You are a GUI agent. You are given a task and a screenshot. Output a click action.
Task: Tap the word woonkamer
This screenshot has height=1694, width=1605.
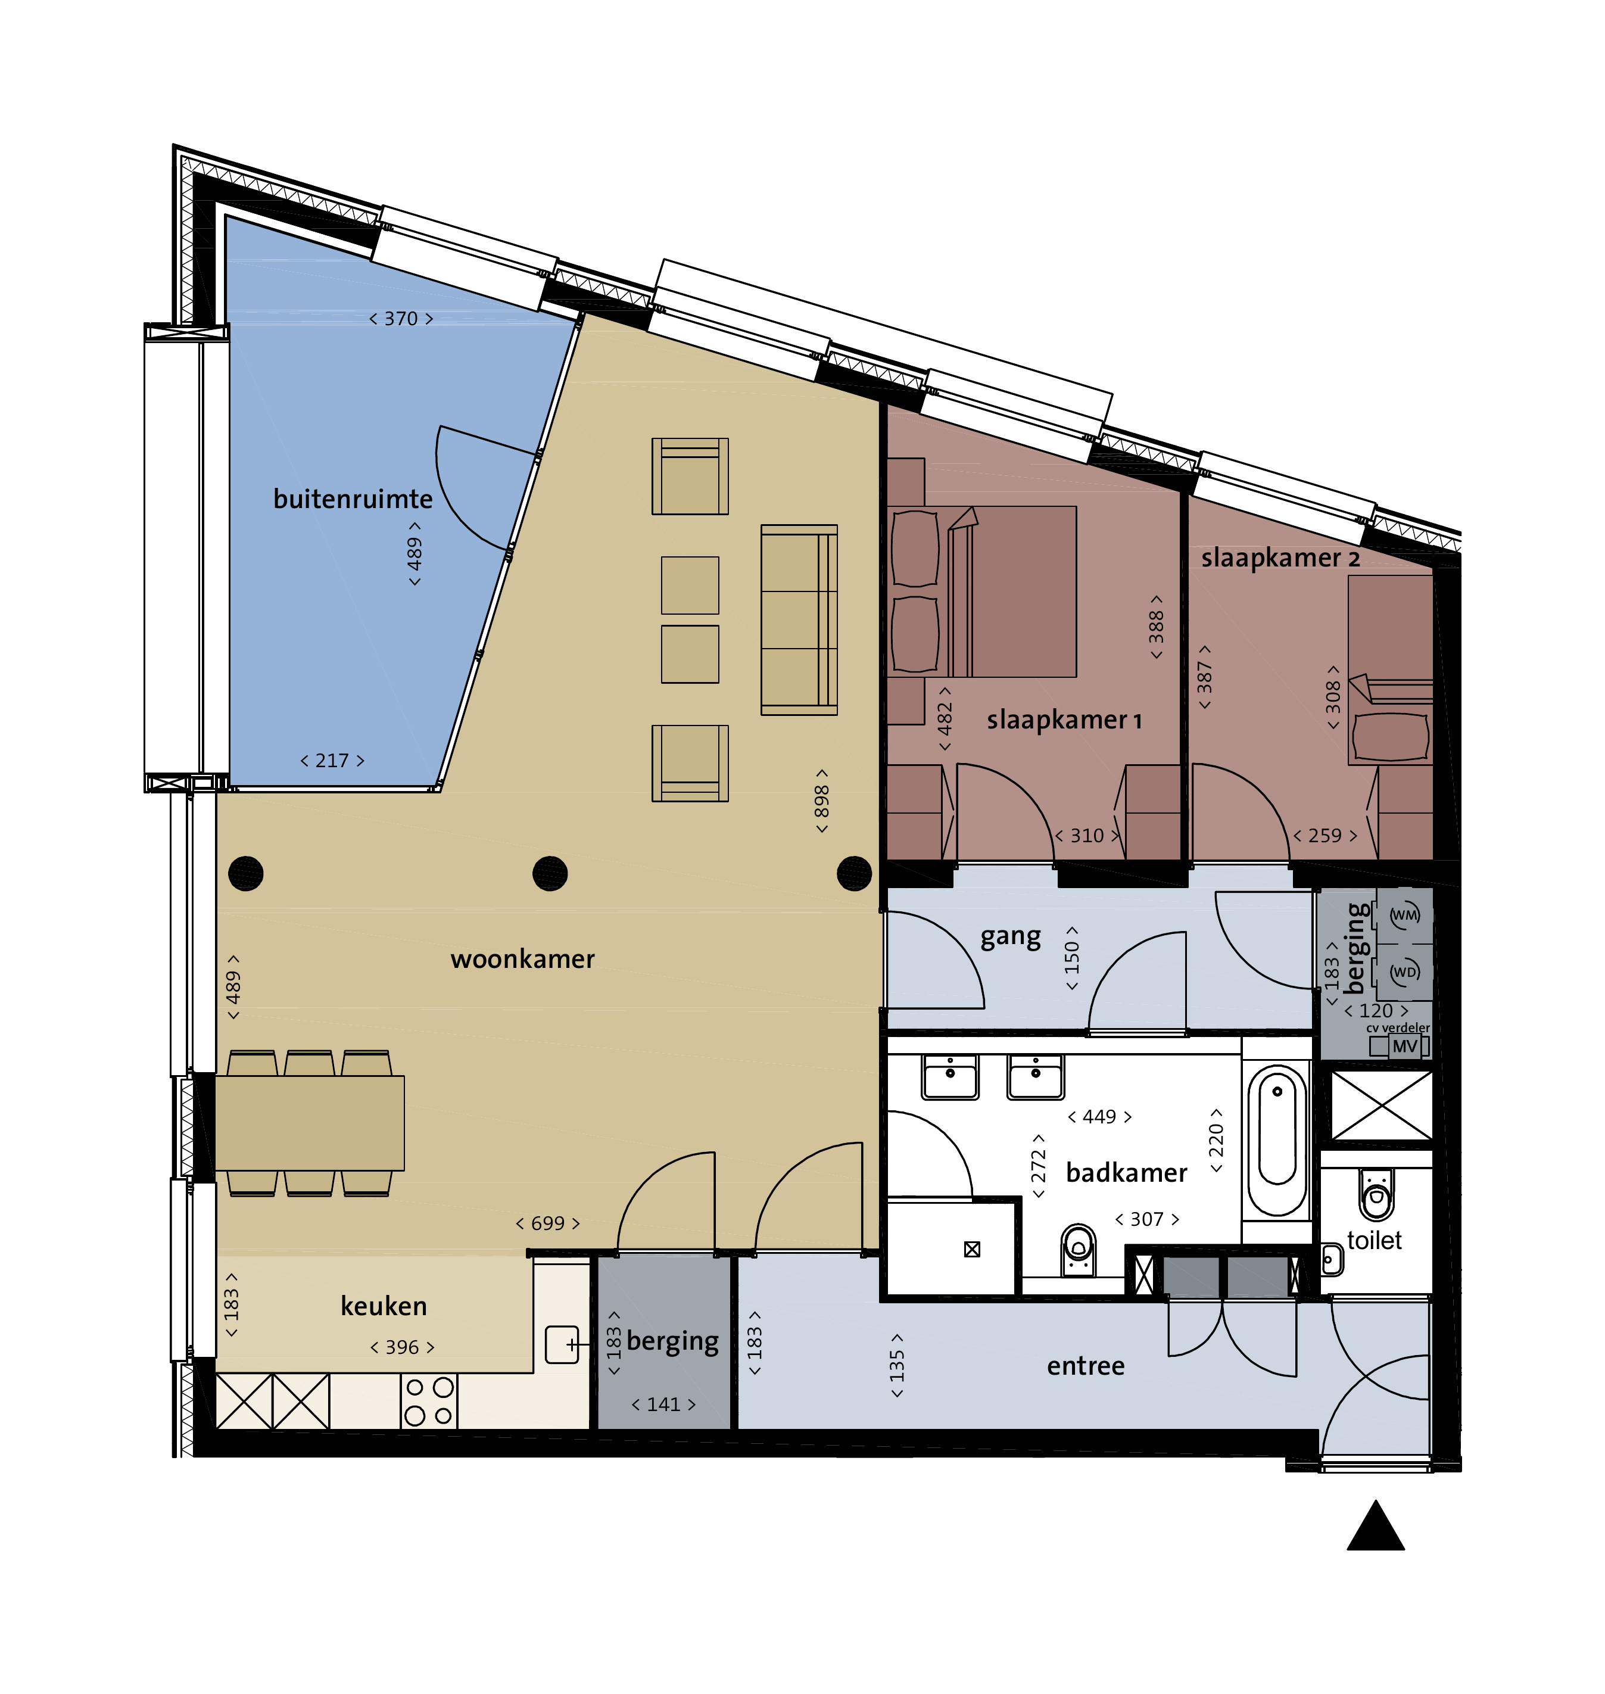pos(523,959)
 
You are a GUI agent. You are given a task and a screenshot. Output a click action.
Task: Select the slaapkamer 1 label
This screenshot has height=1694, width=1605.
pos(1064,720)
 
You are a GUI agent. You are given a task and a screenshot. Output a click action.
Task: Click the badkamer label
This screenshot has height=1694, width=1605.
pos(1126,1172)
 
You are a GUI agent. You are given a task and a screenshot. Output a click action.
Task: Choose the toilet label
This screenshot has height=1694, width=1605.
pos(1374,1241)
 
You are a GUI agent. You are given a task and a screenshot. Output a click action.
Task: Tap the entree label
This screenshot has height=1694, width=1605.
pos(1086,1366)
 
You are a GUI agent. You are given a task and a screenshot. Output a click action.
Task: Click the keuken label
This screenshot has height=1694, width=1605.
pos(384,1306)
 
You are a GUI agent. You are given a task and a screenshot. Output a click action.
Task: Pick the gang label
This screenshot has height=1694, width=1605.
pos(1011,938)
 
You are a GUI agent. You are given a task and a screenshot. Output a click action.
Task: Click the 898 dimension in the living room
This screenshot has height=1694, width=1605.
pos(821,801)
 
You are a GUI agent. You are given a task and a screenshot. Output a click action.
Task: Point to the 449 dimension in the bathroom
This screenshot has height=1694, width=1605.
pos(1099,1116)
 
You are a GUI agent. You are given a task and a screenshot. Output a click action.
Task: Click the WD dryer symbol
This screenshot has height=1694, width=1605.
pos(1404,973)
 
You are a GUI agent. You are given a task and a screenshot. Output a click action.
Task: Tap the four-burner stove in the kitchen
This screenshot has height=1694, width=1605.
pos(429,1402)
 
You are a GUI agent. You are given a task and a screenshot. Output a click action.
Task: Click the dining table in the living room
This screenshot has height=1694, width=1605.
pos(309,1123)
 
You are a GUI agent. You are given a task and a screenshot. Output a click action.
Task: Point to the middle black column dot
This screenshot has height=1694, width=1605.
pos(550,874)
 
